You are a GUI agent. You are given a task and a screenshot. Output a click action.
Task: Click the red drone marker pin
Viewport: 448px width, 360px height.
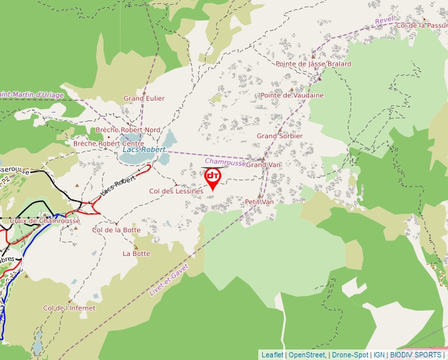[213, 178]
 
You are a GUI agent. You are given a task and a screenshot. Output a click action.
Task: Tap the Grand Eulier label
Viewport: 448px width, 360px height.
[144, 99]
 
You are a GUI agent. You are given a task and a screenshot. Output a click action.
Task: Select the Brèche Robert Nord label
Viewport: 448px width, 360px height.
[128, 130]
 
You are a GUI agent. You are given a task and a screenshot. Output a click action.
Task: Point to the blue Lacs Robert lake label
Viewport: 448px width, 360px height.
[144, 150]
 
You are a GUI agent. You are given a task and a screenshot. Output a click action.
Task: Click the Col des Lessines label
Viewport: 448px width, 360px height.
[177, 191]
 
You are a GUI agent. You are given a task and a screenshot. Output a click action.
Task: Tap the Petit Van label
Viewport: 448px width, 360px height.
[259, 202]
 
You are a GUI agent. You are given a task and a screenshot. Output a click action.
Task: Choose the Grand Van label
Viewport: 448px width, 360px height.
[264, 165]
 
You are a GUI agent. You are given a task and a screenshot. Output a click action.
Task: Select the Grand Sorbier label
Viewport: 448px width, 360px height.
[279, 136]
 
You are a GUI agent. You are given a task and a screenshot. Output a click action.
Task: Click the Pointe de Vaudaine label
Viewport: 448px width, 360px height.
[292, 95]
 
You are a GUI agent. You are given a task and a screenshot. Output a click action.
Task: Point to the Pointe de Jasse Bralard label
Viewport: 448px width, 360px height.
[314, 64]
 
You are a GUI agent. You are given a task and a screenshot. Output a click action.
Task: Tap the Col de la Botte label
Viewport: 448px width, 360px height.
[116, 230]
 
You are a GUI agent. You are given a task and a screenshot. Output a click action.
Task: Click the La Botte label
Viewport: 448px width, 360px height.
[136, 253]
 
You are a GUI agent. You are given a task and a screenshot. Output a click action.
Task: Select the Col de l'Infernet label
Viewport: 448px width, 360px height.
[69, 308]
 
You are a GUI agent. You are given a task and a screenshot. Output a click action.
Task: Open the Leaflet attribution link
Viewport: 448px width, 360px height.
[272, 355]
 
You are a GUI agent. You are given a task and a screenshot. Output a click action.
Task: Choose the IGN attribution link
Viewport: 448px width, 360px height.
[379, 355]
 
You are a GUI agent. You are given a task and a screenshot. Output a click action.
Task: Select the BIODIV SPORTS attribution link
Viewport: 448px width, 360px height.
[416, 355]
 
